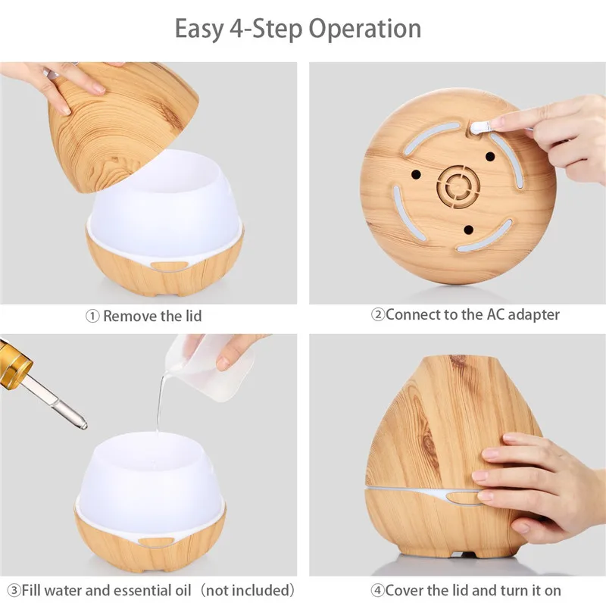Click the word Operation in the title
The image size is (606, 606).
coord(365,30)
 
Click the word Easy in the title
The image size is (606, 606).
coord(199,30)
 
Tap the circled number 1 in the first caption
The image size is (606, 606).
coord(92,317)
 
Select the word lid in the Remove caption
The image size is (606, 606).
coord(193,316)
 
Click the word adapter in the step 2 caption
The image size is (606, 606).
coord(534,315)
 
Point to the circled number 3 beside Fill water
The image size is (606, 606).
coord(14,591)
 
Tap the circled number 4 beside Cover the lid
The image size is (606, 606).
coord(377,591)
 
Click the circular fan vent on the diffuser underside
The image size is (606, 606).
coord(458,186)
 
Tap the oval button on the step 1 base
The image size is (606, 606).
coord(169,266)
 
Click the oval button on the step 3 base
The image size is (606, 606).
coord(156,542)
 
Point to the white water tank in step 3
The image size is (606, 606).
coord(150,483)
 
